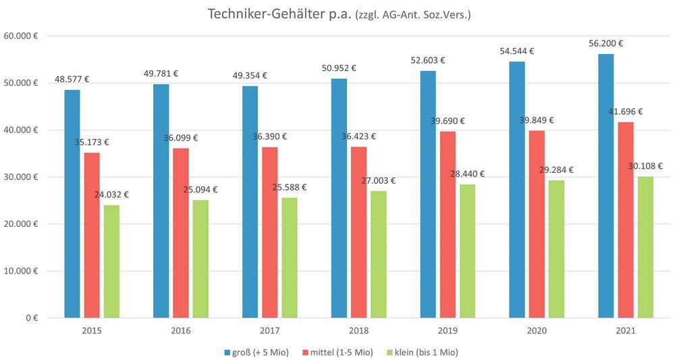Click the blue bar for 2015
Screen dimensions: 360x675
[x=72, y=203]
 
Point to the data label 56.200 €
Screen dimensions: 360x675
[x=605, y=43]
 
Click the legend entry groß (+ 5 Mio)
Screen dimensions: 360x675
[x=256, y=352]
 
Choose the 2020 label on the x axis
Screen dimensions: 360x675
[x=537, y=331]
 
